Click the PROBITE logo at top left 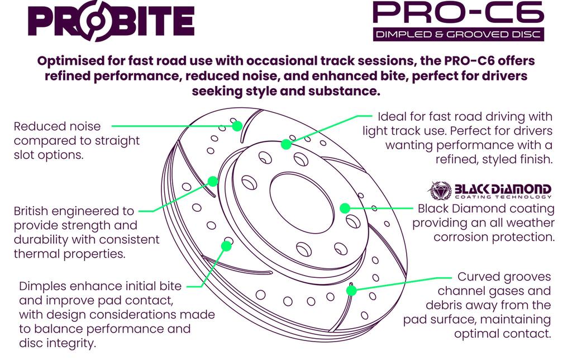pos(111,21)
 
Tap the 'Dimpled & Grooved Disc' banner pos(458,34)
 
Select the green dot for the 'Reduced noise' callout pos(237,126)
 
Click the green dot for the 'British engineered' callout pos(213,181)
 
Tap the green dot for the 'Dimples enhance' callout pos(227,245)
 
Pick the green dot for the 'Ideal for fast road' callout pos(286,144)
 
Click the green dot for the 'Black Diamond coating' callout pos(345,208)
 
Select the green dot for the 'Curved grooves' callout pos(351,290)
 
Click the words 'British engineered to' pos(74,211)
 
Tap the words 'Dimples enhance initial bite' pos(100,286)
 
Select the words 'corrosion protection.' pos(494,237)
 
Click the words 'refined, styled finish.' pos(494,159)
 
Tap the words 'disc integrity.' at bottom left pos(58,343)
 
